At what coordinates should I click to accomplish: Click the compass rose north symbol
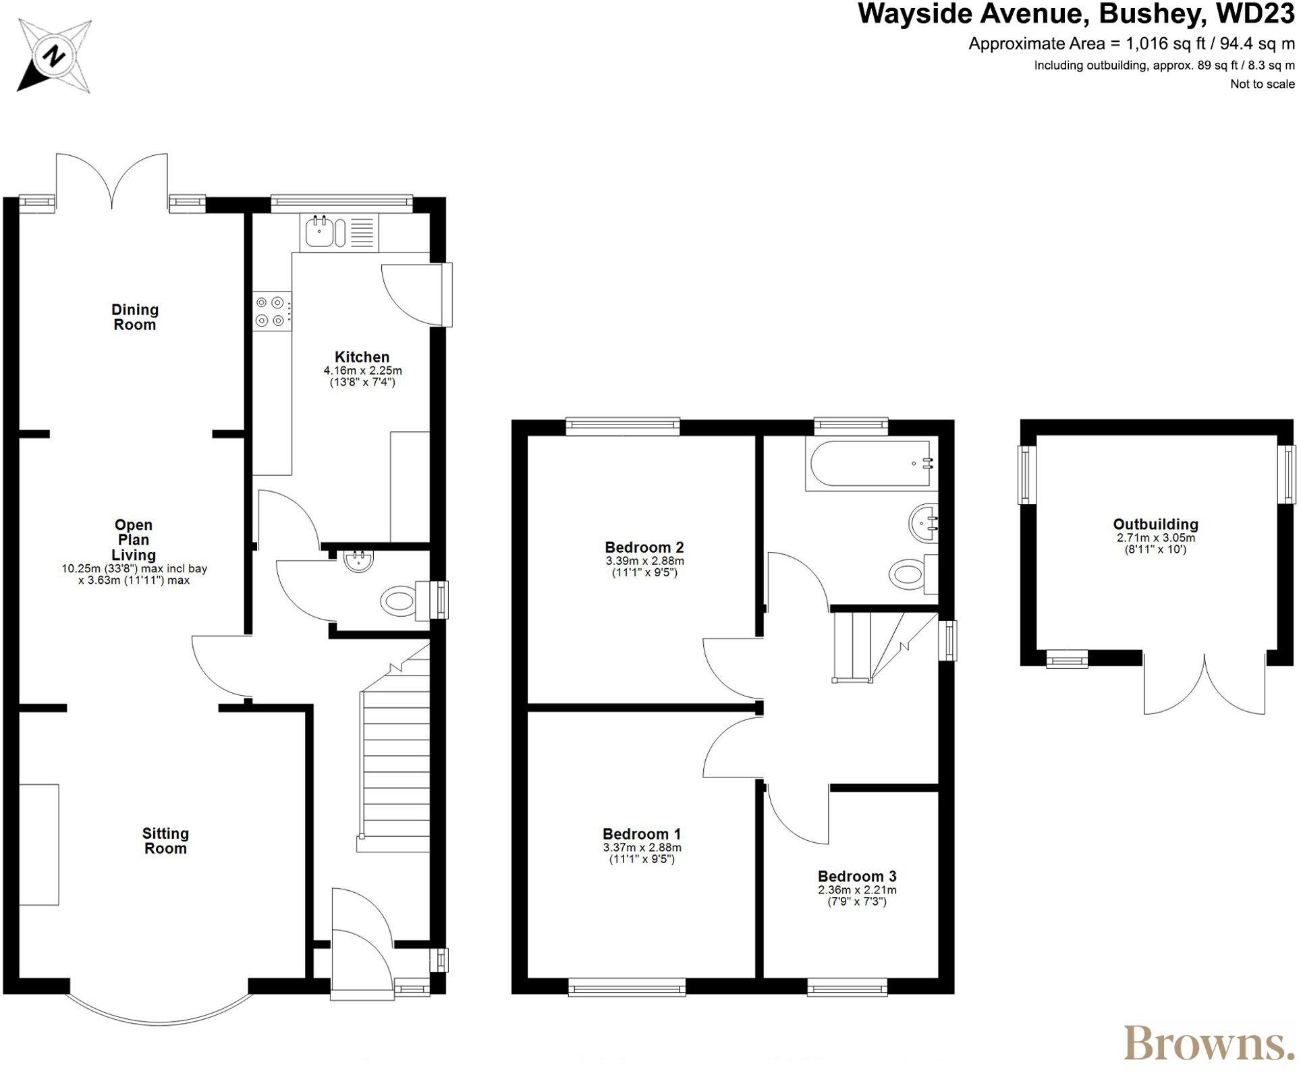pyautogui.click(x=54, y=56)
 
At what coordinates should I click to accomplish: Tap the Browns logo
pyautogui.click(x=1205, y=1042)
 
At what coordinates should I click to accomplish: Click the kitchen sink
pyautogui.click(x=319, y=231)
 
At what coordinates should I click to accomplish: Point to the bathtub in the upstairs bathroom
pyautogui.click(x=870, y=464)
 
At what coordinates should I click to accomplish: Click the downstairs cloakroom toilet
pyautogui.click(x=399, y=600)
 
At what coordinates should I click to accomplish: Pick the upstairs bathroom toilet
pyautogui.click(x=910, y=574)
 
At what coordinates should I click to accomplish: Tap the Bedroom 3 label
pyautogui.click(x=857, y=876)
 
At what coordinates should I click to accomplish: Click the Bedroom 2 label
pyautogui.click(x=644, y=547)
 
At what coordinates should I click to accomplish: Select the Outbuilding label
pyautogui.click(x=1155, y=524)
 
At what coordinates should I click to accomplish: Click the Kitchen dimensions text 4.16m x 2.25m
pyautogui.click(x=362, y=370)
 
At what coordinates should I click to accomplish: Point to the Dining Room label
pyautogui.click(x=135, y=317)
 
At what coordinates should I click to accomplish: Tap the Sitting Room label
pyautogui.click(x=165, y=841)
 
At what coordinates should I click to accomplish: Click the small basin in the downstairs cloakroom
pyautogui.click(x=358, y=561)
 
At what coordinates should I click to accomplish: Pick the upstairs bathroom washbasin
pyautogui.click(x=923, y=523)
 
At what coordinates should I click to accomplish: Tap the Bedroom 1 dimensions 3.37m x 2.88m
pyautogui.click(x=642, y=848)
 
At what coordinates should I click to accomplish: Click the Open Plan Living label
pyautogui.click(x=134, y=540)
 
